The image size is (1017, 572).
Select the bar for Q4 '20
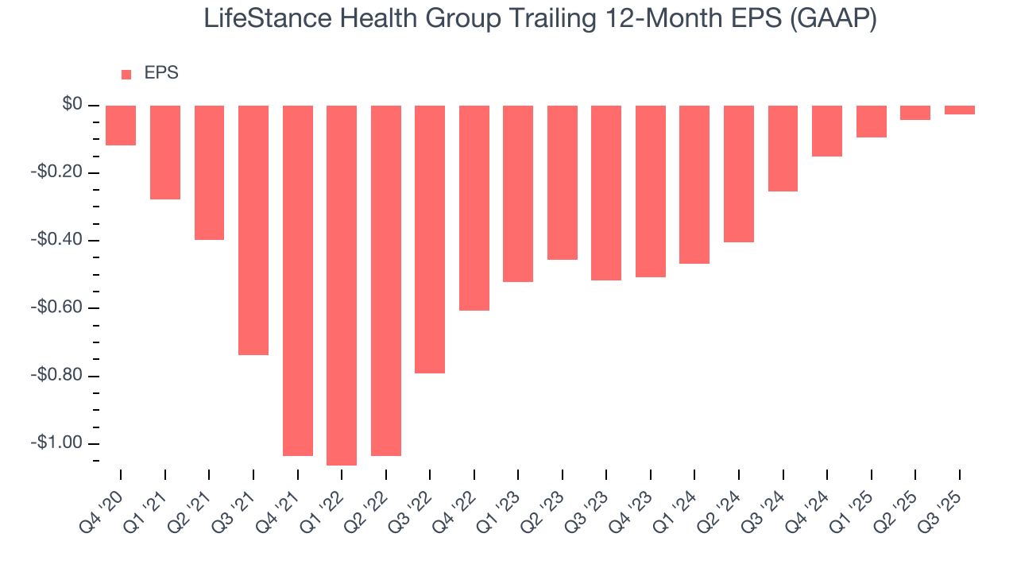tap(121, 126)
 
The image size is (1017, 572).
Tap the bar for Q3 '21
tap(253, 230)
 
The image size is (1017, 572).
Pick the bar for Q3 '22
tap(430, 238)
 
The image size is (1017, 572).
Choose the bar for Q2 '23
tap(563, 182)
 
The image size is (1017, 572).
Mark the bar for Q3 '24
tap(783, 149)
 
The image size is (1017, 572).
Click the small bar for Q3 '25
tap(959, 110)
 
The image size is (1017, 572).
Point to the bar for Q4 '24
tap(827, 131)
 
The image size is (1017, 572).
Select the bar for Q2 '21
tap(209, 172)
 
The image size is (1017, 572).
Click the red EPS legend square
tap(126, 75)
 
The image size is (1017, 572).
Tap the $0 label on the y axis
tap(72, 104)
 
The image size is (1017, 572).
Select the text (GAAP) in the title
tap(835, 18)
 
